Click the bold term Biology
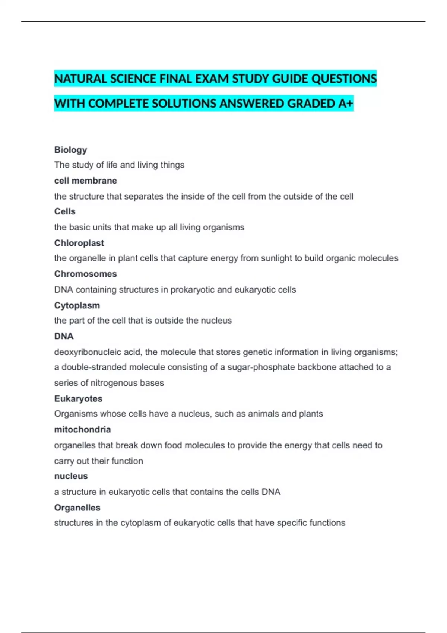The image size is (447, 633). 70,150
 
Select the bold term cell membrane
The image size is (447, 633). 85,181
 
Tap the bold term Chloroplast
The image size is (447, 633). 79,243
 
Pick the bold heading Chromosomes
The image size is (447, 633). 85,274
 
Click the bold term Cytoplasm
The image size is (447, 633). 77,305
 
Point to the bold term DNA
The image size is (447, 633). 64,336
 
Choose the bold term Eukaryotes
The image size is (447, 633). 78,398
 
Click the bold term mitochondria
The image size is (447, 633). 82,429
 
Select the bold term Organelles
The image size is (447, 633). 77,508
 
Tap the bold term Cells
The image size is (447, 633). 65,211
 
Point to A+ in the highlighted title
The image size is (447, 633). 345,104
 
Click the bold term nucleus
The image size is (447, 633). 71,476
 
